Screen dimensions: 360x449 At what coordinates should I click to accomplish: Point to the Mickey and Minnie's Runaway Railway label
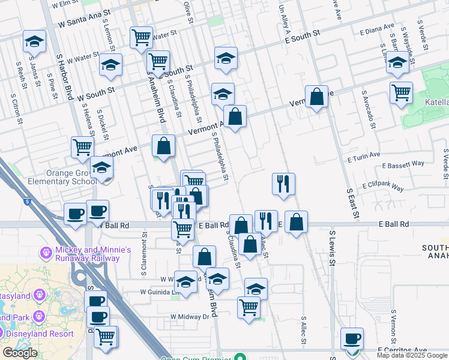tap(84, 254)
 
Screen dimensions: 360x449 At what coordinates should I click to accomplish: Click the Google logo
tap(20, 353)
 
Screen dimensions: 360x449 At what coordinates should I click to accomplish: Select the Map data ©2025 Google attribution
tap(412, 355)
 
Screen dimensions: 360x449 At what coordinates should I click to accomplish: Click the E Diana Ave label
tap(376, 29)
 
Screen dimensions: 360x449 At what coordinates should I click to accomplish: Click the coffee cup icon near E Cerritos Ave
tap(351, 338)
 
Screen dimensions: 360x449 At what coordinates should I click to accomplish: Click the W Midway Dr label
tap(193, 316)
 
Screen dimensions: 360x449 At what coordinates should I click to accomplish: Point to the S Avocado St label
tap(369, 110)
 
